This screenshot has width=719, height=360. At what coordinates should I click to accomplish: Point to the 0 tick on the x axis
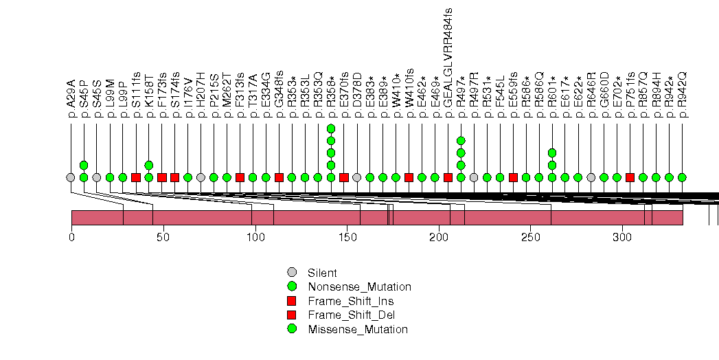coord(71,237)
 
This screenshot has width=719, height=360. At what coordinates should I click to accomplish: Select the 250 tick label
coord(530,237)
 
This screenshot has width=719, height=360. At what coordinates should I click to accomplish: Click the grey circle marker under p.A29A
coord(70,177)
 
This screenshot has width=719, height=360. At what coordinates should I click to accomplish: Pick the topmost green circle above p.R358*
coord(331,128)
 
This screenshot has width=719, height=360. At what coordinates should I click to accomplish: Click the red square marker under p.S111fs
coord(136,177)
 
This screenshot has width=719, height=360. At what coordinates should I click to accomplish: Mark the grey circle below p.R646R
coord(591,177)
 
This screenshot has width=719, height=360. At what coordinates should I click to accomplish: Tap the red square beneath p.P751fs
coord(630,177)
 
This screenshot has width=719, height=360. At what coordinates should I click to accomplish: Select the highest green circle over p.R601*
coord(552,153)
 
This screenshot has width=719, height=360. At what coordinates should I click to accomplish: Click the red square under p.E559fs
coord(513,177)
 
